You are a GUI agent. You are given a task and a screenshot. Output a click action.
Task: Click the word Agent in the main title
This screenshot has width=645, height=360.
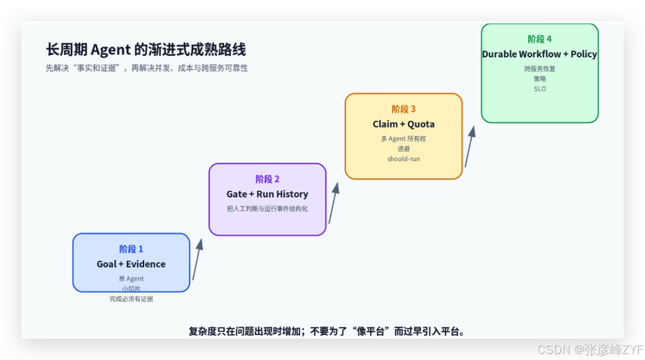111,50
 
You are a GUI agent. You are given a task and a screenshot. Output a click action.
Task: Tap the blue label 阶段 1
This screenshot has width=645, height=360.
131,249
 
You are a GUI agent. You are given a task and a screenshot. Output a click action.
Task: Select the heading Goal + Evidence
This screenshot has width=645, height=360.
131,264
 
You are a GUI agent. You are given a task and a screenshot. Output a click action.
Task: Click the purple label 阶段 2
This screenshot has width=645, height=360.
267,179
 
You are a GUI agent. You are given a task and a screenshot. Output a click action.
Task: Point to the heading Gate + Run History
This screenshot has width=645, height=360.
267,194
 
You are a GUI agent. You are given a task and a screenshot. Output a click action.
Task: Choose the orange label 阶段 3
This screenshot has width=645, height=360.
403,109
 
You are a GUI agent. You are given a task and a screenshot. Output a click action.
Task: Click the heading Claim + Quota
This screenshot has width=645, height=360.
403,124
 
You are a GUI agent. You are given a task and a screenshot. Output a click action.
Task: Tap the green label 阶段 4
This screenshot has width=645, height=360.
540,39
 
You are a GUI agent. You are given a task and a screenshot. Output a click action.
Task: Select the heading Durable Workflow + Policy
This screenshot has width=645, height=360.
540,54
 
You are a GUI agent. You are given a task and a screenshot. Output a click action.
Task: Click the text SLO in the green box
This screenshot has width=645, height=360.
540,89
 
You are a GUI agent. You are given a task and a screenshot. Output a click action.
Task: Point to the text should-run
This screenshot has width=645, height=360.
403,159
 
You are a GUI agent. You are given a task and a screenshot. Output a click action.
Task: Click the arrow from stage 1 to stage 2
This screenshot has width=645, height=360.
197,259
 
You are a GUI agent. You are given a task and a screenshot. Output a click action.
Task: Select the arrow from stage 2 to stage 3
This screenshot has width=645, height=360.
334,203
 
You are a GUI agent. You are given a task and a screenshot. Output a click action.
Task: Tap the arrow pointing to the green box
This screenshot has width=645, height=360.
470,146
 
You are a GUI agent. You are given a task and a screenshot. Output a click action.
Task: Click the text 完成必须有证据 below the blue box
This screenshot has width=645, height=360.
131,299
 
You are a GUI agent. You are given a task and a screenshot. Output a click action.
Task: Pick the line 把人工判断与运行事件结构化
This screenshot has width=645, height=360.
267,209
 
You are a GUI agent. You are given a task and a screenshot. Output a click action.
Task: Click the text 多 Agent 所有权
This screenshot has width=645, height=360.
403,138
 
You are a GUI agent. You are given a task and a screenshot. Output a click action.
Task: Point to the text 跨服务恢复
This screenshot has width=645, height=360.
540,69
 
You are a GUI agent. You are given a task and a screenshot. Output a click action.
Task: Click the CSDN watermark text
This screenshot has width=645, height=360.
590,350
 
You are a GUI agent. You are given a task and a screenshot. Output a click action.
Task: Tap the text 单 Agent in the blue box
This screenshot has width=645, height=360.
131,279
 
